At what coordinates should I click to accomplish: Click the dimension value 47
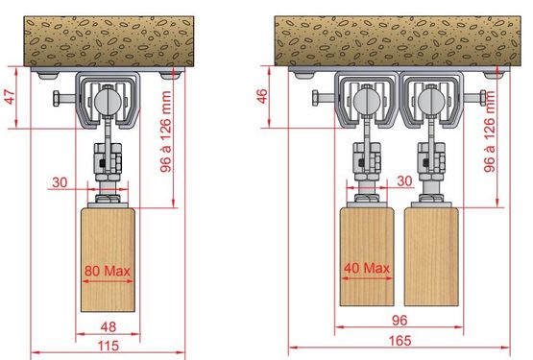pyautogui.click(x=11, y=97)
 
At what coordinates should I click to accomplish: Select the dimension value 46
pyautogui.click(x=263, y=96)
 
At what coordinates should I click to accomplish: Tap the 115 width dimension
pyautogui.click(x=109, y=346)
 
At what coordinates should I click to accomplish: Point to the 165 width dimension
pyautogui.click(x=400, y=340)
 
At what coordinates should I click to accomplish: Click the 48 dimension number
pyautogui.click(x=109, y=326)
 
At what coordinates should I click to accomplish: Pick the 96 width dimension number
pyautogui.click(x=400, y=321)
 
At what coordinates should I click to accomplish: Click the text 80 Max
pyautogui.click(x=108, y=271)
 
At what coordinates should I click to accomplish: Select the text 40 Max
pyautogui.click(x=367, y=268)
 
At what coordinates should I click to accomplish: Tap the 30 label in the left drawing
pyautogui.click(x=60, y=182)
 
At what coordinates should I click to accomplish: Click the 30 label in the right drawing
pyautogui.click(x=404, y=180)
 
